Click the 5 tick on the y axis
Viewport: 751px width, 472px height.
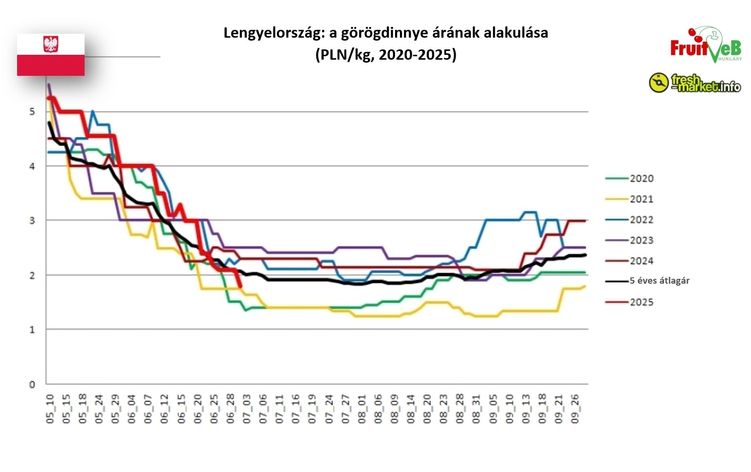pos(32,112)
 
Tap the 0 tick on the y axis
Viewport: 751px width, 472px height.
pos(32,384)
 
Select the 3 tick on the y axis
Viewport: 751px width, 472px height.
pos(32,221)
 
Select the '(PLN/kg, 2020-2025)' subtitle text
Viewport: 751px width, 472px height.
pos(386,54)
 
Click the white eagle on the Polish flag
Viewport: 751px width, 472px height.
pos(51,44)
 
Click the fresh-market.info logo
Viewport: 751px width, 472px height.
pos(695,83)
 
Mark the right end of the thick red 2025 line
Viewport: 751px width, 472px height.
pos(241,287)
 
